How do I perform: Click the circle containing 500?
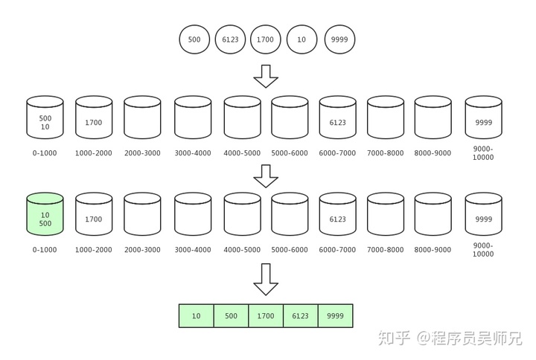[x=195, y=39]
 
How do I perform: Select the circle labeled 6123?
[x=231, y=39]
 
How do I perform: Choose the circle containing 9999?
[x=339, y=39]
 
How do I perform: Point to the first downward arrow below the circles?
[x=266, y=76]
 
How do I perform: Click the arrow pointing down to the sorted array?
[x=266, y=279]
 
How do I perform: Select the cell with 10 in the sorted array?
[x=196, y=315]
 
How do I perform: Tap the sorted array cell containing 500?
[x=231, y=315]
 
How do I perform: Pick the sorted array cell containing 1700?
[x=266, y=315]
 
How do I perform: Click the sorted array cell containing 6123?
[x=301, y=315]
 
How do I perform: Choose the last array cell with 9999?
[x=335, y=315]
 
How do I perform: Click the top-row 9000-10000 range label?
[x=483, y=153]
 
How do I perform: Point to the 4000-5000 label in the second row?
[x=242, y=250]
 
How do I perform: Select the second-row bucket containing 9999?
[x=483, y=215]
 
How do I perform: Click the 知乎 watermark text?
[x=395, y=339]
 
